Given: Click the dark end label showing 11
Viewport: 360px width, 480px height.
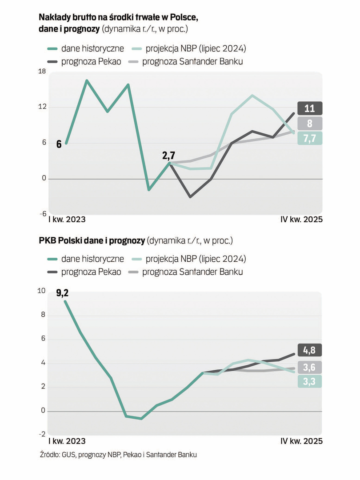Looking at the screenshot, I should click(x=309, y=108).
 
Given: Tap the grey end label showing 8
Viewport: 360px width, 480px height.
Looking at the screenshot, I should click(x=309, y=123).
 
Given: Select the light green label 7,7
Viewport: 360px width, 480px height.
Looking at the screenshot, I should click(x=309, y=138).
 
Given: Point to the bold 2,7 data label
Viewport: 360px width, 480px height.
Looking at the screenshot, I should click(x=168, y=155).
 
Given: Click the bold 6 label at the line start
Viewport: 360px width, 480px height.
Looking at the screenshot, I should click(x=58, y=144).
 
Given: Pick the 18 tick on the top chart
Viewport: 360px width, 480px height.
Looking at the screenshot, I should click(x=41, y=71).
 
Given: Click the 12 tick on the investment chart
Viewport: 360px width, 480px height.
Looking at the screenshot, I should click(x=41, y=107).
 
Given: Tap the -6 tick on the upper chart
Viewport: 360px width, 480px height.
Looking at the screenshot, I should click(x=41, y=214).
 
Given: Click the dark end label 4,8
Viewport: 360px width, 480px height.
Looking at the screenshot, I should click(x=309, y=350).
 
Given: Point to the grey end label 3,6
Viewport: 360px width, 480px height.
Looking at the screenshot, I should click(x=309, y=367).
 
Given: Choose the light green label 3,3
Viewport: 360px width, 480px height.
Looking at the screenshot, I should click(x=309, y=381).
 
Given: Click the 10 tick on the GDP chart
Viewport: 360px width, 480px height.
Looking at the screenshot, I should click(x=41, y=291).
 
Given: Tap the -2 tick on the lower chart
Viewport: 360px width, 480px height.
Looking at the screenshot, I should click(x=42, y=434).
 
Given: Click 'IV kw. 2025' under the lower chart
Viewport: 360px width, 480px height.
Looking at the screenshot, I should click(x=301, y=441).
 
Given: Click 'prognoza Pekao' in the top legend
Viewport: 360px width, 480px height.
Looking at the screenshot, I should click(x=91, y=61).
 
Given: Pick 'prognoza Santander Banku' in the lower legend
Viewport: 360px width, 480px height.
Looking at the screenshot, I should click(x=192, y=272).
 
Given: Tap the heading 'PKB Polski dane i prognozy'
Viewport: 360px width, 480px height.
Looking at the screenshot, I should click(x=92, y=241).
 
